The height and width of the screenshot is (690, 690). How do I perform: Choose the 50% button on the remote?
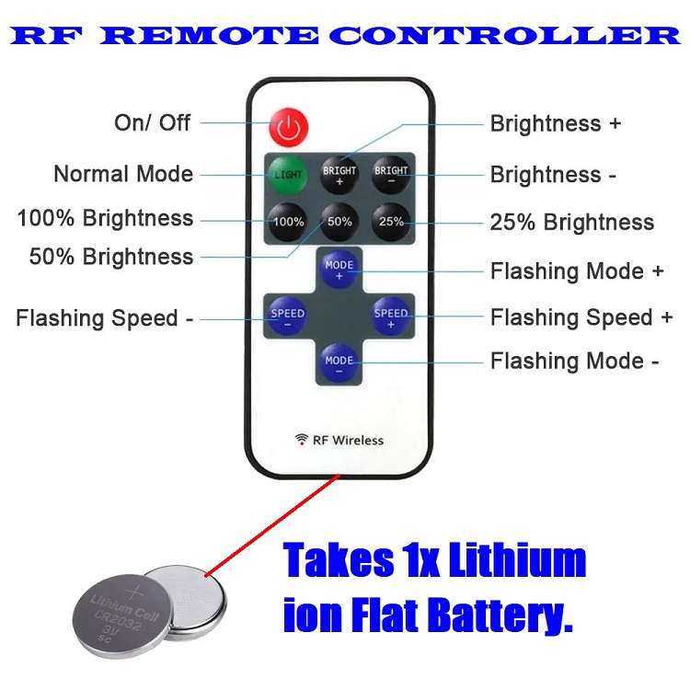click(339, 222)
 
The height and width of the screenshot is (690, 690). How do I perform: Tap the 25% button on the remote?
click(391, 222)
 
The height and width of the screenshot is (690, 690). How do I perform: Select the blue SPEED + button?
click(390, 318)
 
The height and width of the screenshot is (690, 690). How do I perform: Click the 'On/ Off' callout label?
click(152, 122)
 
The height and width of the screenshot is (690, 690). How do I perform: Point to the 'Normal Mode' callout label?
click(123, 174)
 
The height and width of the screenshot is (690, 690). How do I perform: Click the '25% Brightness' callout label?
click(571, 223)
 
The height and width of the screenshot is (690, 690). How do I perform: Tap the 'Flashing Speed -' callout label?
click(104, 318)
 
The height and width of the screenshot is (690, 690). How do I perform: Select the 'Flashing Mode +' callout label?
click(577, 271)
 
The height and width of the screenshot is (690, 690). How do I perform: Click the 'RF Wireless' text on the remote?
click(348, 440)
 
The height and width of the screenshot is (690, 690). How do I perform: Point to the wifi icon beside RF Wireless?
click(301, 439)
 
